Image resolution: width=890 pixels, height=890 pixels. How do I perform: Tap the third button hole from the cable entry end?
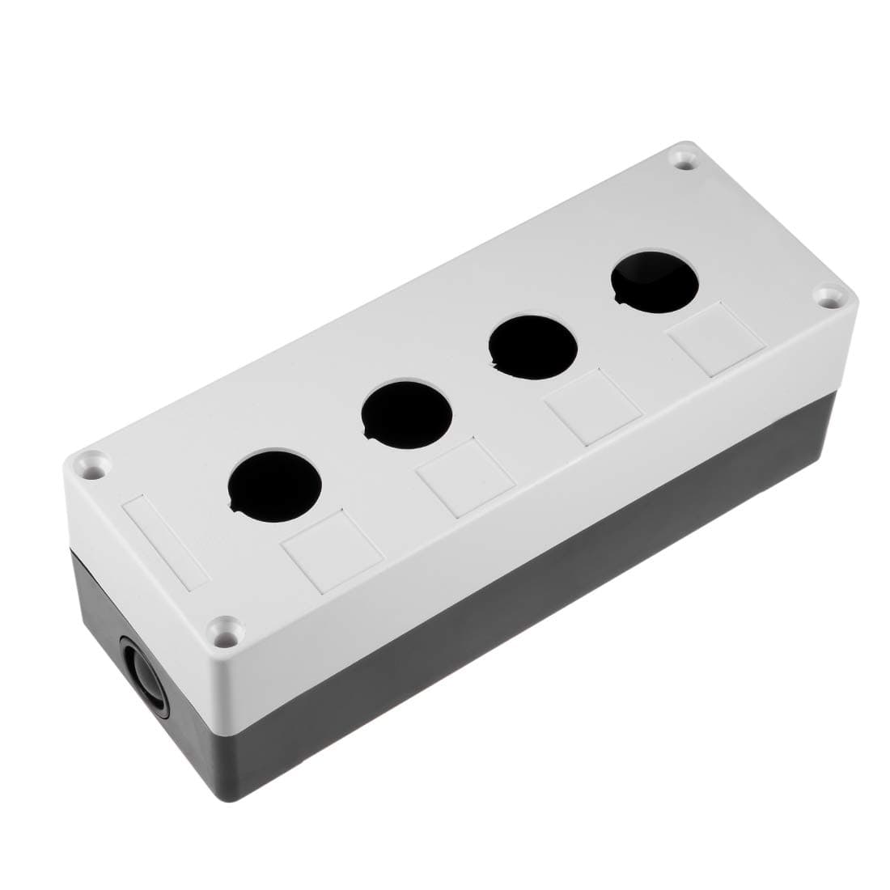point(532,345)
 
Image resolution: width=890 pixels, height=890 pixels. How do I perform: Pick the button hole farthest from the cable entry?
point(655,282)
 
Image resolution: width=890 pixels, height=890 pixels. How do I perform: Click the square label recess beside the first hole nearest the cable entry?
point(332,551)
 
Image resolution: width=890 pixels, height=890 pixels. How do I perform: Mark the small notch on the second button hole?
point(368,438)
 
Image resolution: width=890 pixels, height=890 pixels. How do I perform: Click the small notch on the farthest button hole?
point(620,301)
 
